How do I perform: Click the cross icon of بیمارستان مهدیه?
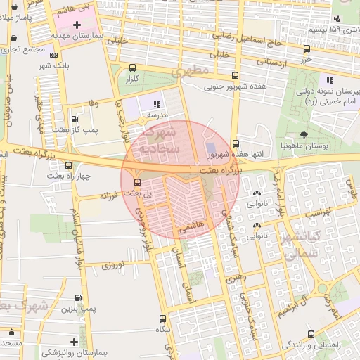pyautogui.click(x=86, y=25)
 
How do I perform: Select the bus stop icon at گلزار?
pyautogui.click(x=133, y=68)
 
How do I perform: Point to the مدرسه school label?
pyautogui.click(x=156, y=113)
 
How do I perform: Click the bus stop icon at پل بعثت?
pyautogui.click(x=136, y=183)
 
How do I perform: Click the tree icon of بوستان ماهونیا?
pyautogui.click(x=303, y=134)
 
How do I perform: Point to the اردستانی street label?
pyautogui.click(x=261, y=62)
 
